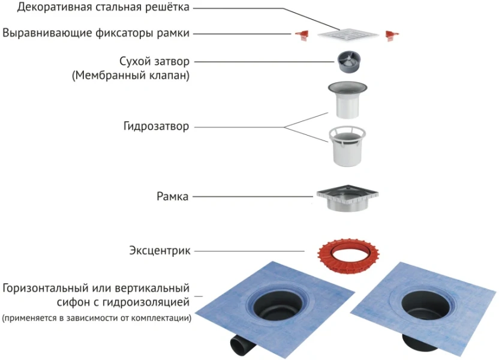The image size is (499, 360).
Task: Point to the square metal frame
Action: pos(347,199)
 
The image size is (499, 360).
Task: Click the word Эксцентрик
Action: pos(160,250)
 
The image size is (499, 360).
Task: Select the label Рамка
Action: pos(173,196)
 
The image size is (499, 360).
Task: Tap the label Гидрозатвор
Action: pos(156,127)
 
